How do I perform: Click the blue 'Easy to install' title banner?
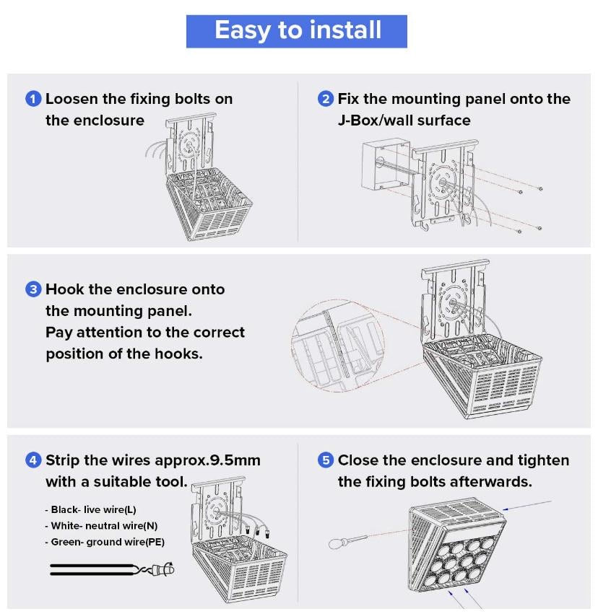297,31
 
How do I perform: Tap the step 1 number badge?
33,99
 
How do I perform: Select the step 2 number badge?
326,99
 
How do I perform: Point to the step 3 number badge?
33,289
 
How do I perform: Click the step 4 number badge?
33,460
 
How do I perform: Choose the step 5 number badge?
326,460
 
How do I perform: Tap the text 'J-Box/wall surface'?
404,120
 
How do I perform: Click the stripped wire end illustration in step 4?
162,570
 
